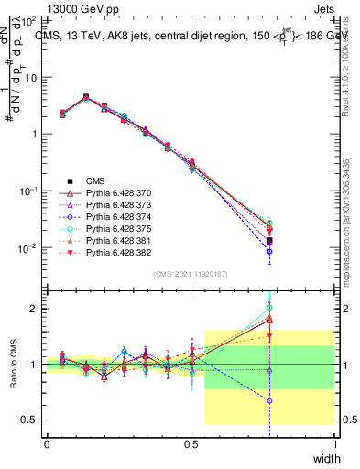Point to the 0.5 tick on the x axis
pos(191,443)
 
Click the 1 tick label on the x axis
pos(335,443)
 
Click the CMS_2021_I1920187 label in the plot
pos(191,274)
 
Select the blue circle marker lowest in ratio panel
pos(269,400)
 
